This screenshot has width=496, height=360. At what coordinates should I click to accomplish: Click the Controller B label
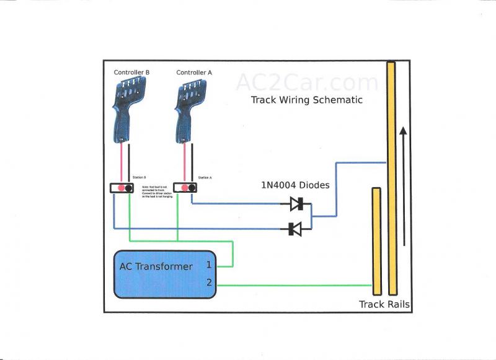(x=131, y=72)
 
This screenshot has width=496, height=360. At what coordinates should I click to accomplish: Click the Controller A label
(x=194, y=72)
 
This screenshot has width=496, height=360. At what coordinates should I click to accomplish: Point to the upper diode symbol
(x=296, y=203)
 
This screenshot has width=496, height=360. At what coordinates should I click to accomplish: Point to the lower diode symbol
(x=296, y=229)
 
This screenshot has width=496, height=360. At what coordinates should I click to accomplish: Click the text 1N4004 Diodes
(x=295, y=185)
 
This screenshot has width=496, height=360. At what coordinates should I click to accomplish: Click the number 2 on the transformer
(x=209, y=283)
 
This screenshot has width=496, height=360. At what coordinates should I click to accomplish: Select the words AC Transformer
(x=156, y=267)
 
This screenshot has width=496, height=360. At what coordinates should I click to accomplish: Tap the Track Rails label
(x=384, y=304)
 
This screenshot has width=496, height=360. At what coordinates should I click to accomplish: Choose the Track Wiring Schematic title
(x=306, y=100)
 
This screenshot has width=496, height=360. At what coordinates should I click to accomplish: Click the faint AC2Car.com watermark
(x=306, y=82)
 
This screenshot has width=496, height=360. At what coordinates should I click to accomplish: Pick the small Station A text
(x=205, y=177)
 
